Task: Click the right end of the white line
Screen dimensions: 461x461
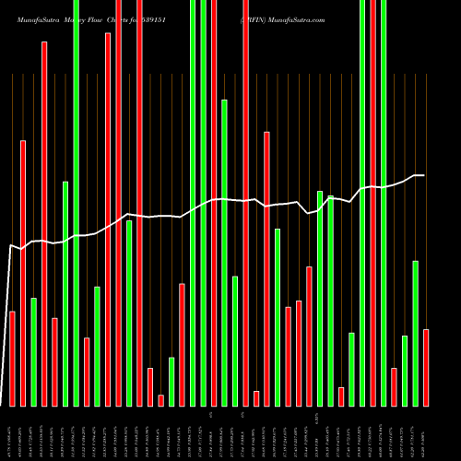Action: click(x=424, y=175)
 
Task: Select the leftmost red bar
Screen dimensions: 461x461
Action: click(x=12, y=359)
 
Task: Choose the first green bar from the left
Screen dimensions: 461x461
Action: click(x=33, y=351)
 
